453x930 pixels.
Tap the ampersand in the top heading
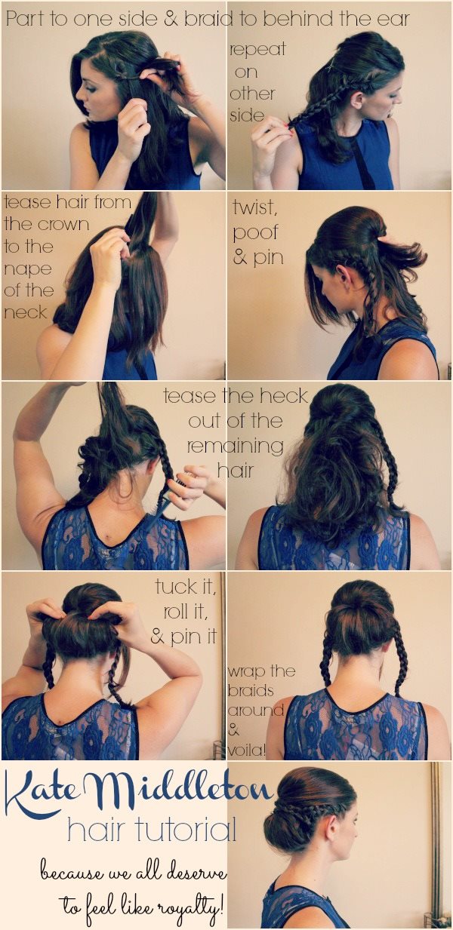tap(171, 20)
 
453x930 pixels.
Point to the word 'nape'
tap(28, 270)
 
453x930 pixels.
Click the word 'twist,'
tap(254, 208)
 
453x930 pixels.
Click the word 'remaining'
tap(236, 447)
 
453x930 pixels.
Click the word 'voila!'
tap(246, 750)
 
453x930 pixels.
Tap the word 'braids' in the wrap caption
tap(251, 691)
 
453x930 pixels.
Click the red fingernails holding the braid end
tap(289, 127)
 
